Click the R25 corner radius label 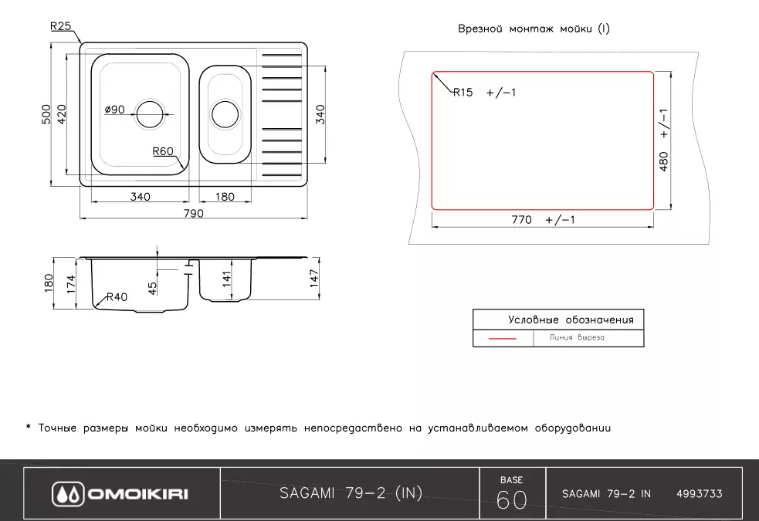tap(60, 26)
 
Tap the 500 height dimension tap(46, 115)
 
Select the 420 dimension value tap(63, 115)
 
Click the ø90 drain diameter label tap(114, 110)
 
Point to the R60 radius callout tap(162, 151)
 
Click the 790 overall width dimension tap(193, 213)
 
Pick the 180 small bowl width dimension tap(224, 197)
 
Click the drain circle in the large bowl tap(151, 114)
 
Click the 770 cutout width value tap(522, 220)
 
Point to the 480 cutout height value tap(663, 160)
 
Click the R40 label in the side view tap(117, 296)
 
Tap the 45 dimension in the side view tap(153, 287)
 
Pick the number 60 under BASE tap(512, 500)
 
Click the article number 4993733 tap(699, 494)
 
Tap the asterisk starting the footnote tap(28, 428)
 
